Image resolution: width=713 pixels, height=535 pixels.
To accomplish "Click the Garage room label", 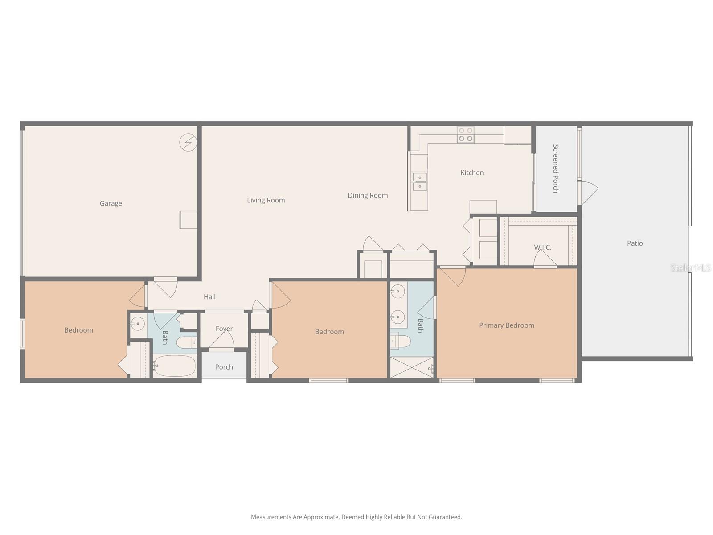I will (x=111, y=203).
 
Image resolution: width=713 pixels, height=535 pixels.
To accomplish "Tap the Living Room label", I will (x=266, y=200).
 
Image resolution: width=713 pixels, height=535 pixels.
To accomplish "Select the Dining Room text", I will (x=368, y=195).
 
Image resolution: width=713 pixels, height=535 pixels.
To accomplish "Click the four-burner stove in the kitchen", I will (x=466, y=134).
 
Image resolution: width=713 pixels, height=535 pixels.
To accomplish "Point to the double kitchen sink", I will (x=419, y=182).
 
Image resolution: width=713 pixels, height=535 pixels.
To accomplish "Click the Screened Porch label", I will (x=556, y=168).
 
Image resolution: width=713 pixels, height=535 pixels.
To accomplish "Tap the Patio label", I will (x=635, y=243).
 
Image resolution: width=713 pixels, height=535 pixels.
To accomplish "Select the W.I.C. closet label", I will (x=542, y=247).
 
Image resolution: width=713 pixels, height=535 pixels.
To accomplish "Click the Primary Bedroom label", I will (x=507, y=325).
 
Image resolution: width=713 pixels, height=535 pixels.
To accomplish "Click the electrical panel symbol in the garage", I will (x=188, y=142).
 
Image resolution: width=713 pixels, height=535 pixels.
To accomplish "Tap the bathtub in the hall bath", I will (x=175, y=366).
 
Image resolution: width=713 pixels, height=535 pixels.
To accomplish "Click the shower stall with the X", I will (x=411, y=367).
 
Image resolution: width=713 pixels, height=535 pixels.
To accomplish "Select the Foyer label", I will (x=224, y=329).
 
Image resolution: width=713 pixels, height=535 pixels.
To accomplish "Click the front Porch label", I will (x=224, y=367).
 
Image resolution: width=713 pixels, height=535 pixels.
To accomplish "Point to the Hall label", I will (x=209, y=297).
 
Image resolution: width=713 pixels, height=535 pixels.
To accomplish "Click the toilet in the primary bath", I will (x=400, y=342).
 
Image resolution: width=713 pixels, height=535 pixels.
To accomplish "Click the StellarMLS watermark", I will (x=691, y=267).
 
